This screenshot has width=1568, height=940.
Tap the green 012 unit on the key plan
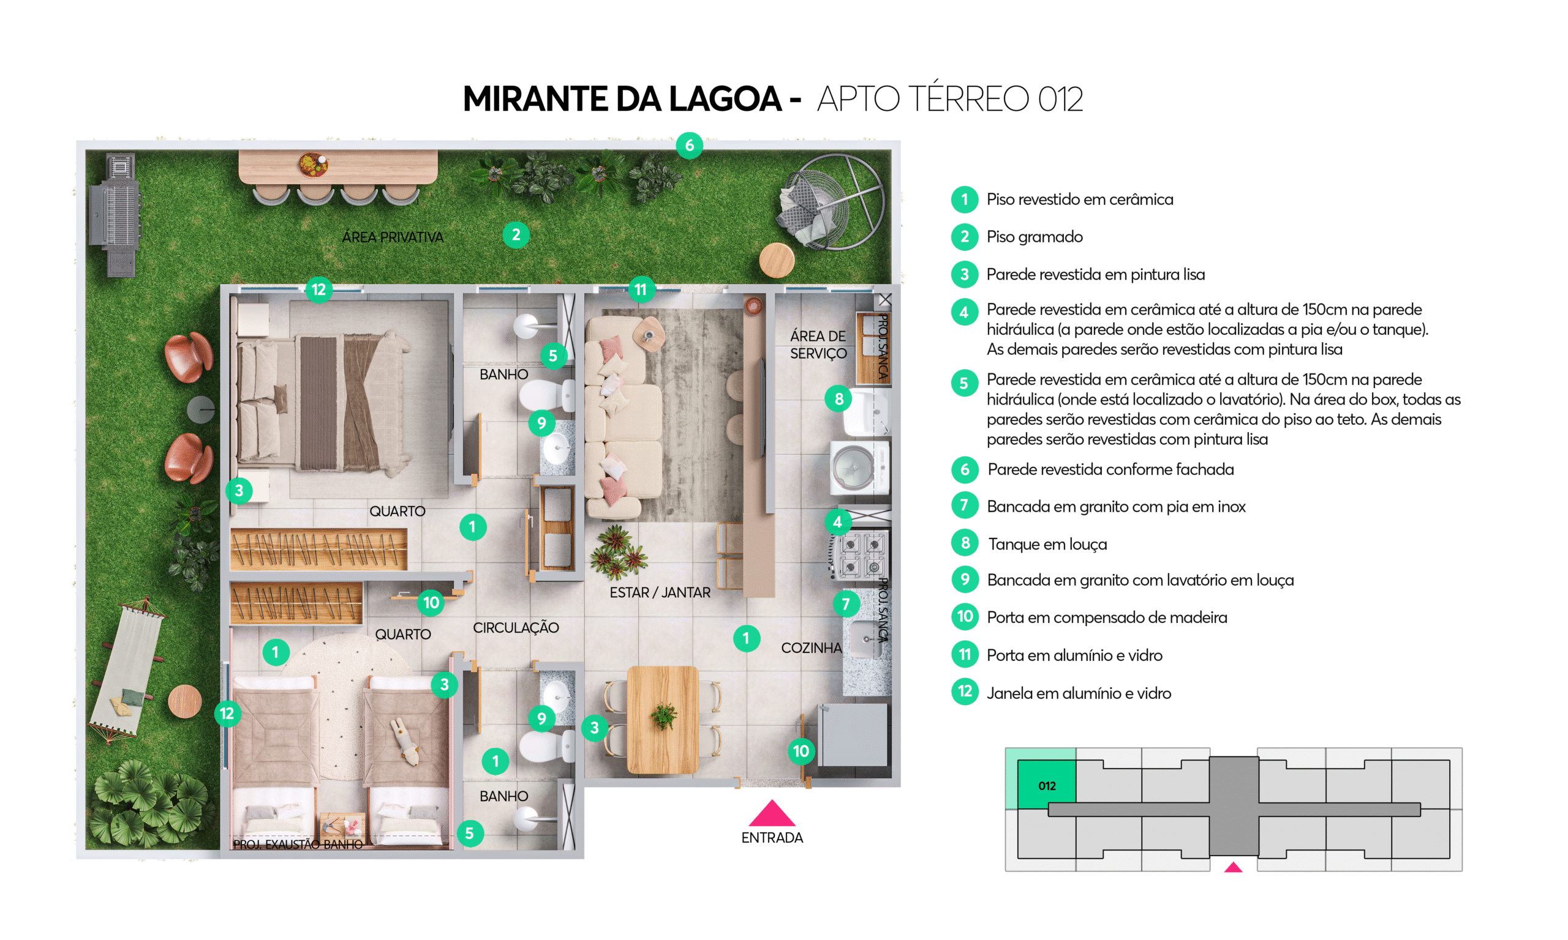tap(1046, 785)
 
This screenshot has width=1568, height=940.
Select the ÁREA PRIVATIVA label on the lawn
tap(393, 237)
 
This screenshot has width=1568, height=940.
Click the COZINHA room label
tap(811, 648)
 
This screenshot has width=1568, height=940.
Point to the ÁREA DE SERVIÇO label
tap(818, 345)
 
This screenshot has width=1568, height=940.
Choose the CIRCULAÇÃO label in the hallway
tap(516, 628)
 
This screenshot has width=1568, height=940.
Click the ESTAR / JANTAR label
tap(660, 592)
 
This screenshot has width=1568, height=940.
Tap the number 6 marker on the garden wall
tap(690, 146)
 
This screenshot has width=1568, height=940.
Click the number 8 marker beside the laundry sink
tap(839, 399)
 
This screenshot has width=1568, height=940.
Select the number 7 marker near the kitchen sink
tap(845, 603)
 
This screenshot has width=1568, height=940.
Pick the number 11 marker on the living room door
tap(641, 289)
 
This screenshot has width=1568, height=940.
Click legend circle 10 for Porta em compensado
tap(965, 617)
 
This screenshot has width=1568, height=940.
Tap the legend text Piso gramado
tap(1035, 237)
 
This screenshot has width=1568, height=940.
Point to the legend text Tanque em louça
tap(1047, 544)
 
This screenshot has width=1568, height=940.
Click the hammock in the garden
tap(127, 669)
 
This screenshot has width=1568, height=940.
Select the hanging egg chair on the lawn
tap(831, 201)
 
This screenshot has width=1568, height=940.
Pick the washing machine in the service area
tap(859, 468)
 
